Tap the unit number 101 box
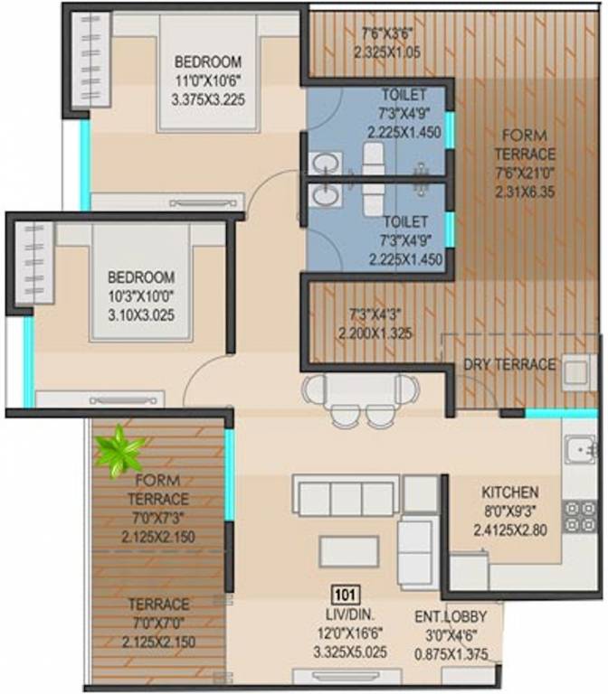(x=343, y=595)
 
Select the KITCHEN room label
(x=509, y=492)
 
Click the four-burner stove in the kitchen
(x=579, y=516)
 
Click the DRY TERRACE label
(x=509, y=364)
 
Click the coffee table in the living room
(x=348, y=550)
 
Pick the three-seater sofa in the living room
(x=347, y=498)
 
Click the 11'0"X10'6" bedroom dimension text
(x=208, y=80)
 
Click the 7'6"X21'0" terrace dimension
(x=525, y=173)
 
